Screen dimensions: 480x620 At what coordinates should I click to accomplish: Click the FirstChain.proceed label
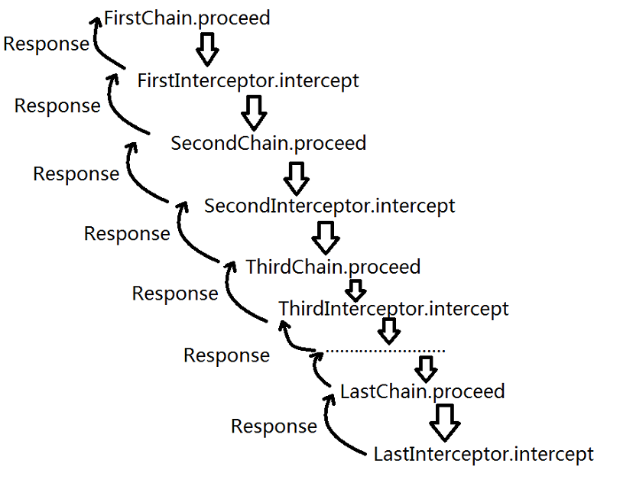(187, 18)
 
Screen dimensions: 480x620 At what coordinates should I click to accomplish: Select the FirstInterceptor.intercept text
(248, 80)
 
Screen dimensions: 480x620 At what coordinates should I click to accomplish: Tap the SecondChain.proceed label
(268, 143)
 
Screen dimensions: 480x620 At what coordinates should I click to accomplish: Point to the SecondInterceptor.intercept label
(329, 206)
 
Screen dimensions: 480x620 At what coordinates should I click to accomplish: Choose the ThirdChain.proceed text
(333, 267)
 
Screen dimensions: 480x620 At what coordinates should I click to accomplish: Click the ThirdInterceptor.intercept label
(393, 309)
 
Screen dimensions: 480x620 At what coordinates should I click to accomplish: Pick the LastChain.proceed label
(422, 391)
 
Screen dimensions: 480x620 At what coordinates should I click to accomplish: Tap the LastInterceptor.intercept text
(483, 454)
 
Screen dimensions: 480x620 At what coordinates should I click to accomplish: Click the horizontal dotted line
(385, 351)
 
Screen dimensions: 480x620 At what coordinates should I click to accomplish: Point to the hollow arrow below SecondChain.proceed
(295, 176)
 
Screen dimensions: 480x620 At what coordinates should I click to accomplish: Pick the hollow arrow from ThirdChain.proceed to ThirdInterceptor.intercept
(354, 290)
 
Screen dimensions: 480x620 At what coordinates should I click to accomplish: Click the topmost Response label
(46, 44)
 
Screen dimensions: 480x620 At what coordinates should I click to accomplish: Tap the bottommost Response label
(274, 426)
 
